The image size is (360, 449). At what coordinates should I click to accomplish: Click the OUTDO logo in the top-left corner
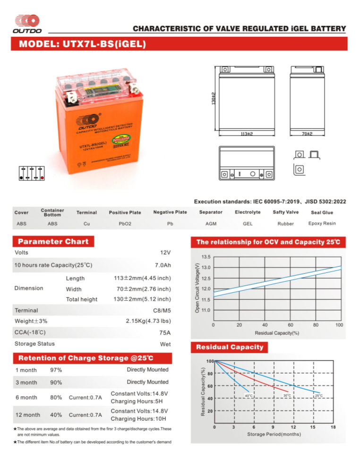(x=27, y=24)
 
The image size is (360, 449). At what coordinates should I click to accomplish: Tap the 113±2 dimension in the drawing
(x=246, y=134)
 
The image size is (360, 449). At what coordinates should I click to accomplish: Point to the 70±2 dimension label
(x=307, y=134)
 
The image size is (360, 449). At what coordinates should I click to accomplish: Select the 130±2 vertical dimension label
(x=214, y=98)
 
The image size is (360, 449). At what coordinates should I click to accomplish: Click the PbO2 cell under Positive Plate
(x=125, y=224)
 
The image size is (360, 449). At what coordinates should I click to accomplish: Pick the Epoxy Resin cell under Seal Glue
(x=322, y=223)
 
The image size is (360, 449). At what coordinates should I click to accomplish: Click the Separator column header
(x=211, y=212)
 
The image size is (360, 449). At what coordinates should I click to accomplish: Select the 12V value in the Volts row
(x=165, y=253)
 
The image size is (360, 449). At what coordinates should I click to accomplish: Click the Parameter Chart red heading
(x=53, y=242)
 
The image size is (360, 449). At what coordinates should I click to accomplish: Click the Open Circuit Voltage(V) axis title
(x=197, y=288)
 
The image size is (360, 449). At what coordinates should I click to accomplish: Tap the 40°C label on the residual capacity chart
(x=249, y=395)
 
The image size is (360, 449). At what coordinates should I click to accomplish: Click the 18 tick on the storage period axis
(x=333, y=427)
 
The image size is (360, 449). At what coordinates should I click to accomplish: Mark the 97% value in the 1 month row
(x=56, y=370)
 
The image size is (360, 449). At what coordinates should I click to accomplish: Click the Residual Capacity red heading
(x=230, y=347)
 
